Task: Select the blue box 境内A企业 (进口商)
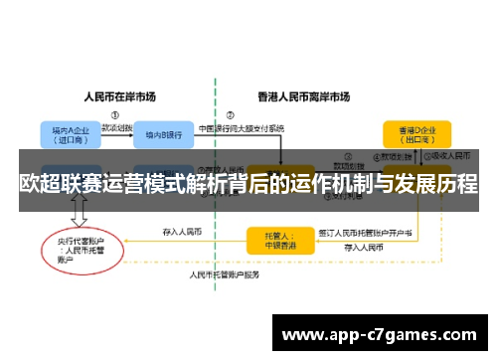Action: [x=67, y=134]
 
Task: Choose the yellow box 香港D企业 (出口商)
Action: [x=416, y=134]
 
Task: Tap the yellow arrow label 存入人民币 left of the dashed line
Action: [x=182, y=232]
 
